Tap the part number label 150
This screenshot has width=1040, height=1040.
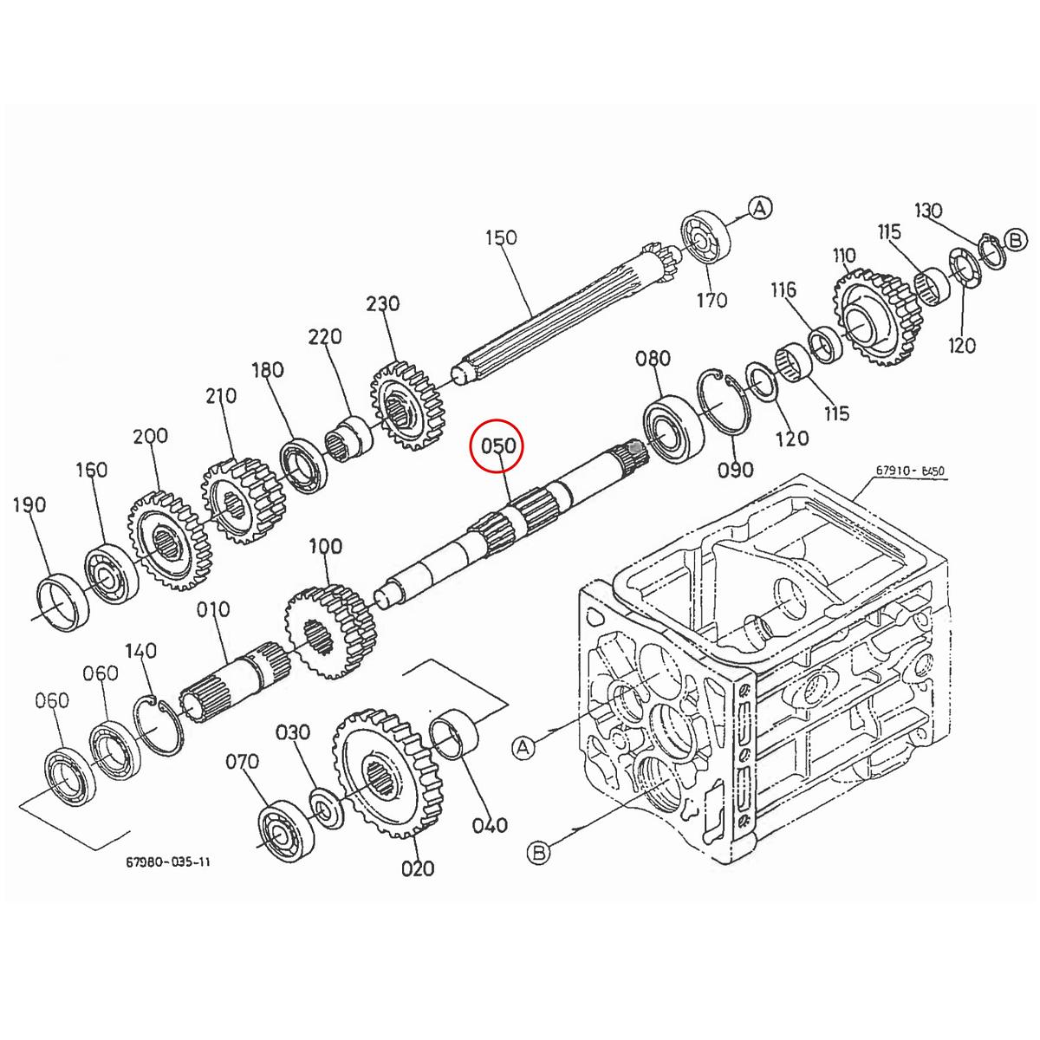coord(501,237)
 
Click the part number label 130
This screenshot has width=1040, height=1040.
coord(928,210)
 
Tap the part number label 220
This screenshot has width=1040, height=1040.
coord(325,336)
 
